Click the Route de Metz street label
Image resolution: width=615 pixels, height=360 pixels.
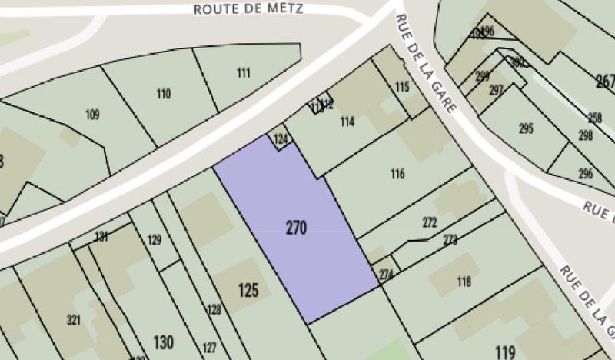point(248,9)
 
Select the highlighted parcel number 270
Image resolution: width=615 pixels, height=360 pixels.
point(296,228)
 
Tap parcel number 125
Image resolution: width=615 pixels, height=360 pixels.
point(248,291)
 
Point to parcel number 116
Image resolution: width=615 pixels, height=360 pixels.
point(397,174)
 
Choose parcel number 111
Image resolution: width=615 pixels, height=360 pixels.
point(244,73)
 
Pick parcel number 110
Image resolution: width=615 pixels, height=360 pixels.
point(163,95)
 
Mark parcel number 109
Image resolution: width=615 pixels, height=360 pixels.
point(92,115)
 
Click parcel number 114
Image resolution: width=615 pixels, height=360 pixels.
point(347,122)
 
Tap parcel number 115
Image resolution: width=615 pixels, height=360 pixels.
point(402,88)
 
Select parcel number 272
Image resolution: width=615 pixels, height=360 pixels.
point(429,223)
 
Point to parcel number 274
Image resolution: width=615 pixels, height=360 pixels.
point(386,274)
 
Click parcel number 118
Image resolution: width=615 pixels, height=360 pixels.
point(464,282)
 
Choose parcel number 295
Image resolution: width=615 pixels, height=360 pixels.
point(526,128)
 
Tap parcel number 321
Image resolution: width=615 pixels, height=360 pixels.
point(74,320)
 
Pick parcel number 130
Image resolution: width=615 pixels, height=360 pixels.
point(163,342)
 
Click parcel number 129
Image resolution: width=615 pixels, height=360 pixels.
point(155,241)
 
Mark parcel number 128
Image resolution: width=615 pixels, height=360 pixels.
point(214,309)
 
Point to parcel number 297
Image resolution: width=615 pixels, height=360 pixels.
point(496,90)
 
